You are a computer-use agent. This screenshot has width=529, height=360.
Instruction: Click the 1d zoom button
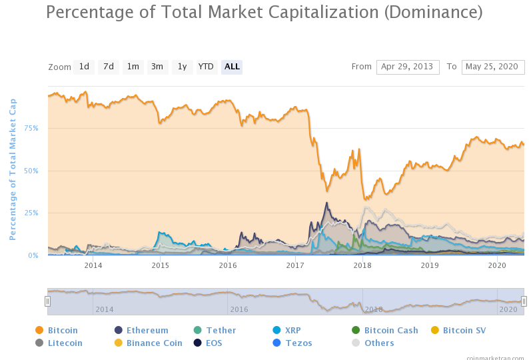(84, 67)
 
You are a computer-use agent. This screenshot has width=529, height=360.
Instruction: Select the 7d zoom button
(108, 67)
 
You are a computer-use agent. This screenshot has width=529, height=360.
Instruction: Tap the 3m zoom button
(157, 67)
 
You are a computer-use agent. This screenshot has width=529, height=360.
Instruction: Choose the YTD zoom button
(206, 67)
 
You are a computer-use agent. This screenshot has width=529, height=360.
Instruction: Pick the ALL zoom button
(232, 67)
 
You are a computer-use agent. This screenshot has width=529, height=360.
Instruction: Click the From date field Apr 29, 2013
(408, 67)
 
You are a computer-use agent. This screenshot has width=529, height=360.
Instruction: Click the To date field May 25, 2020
(493, 67)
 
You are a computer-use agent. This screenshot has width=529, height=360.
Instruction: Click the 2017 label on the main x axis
(295, 265)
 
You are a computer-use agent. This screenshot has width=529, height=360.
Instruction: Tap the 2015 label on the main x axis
(161, 265)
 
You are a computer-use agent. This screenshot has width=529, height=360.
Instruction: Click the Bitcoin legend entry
(63, 330)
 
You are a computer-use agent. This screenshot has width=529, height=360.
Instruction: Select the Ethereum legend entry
(147, 330)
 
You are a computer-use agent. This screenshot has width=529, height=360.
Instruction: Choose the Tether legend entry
(221, 330)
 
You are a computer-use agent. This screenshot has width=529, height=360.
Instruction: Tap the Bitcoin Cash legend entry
(391, 330)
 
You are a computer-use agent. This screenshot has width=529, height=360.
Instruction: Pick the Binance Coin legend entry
(154, 343)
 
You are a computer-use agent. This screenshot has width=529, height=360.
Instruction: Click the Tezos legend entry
(298, 343)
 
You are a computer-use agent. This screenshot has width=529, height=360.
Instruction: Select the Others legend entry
(378, 343)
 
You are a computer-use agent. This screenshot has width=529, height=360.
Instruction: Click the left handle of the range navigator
(47, 301)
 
